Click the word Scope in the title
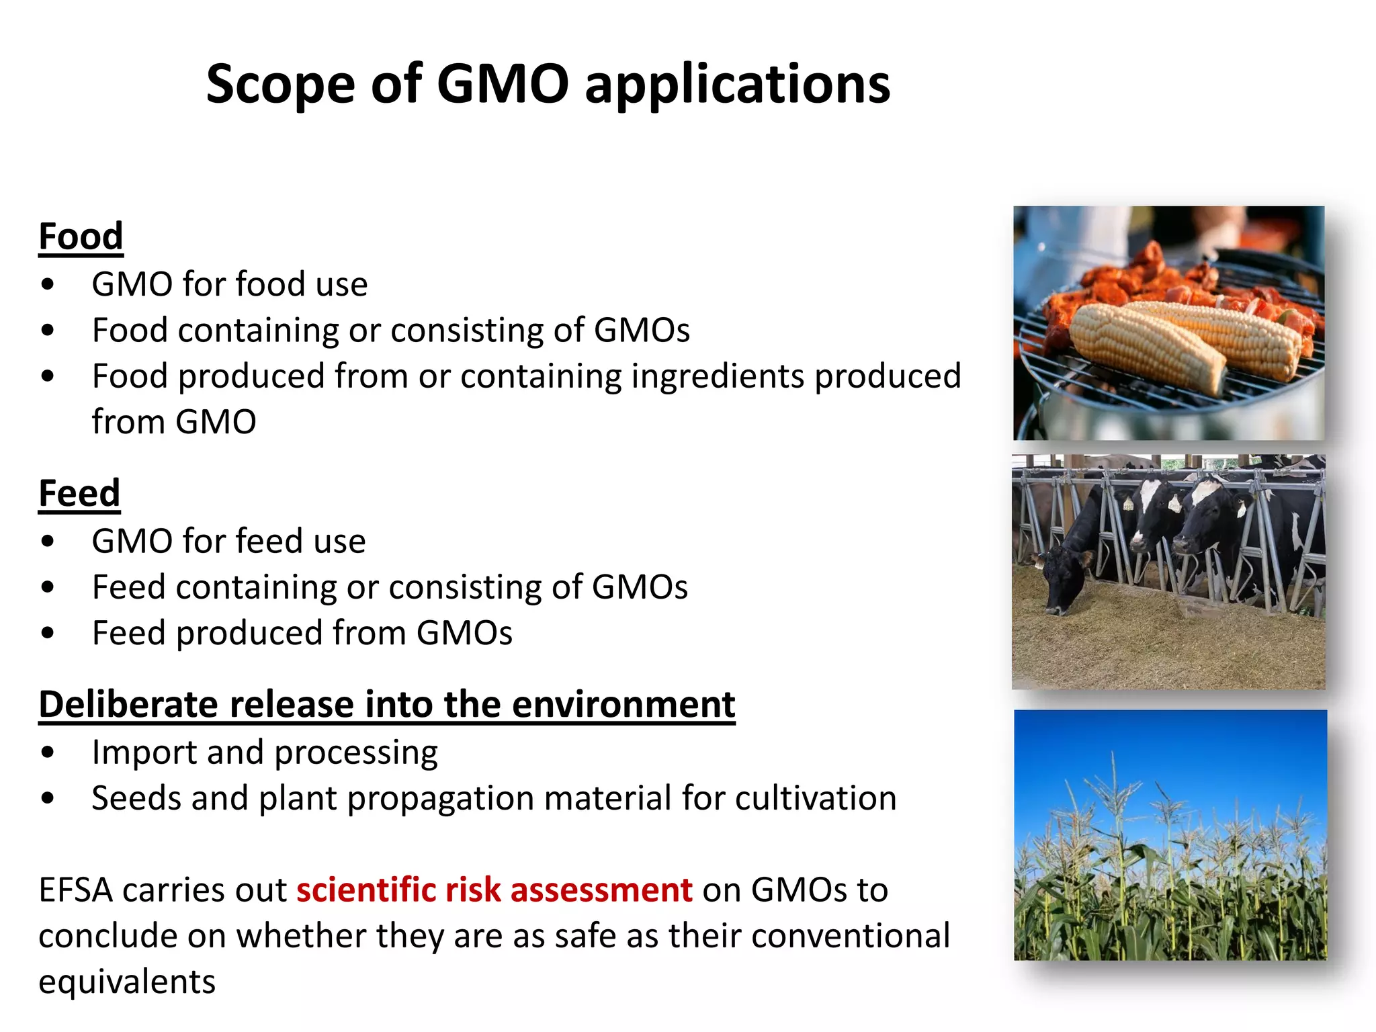point(280,85)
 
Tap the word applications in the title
point(737,85)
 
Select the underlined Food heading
point(81,236)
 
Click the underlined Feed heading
point(79,493)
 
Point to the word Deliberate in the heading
point(128,705)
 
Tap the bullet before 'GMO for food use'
point(48,284)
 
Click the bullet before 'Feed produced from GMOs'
point(48,633)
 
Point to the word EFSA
point(76,890)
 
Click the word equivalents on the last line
point(127,982)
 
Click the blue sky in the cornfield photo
point(1169,746)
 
